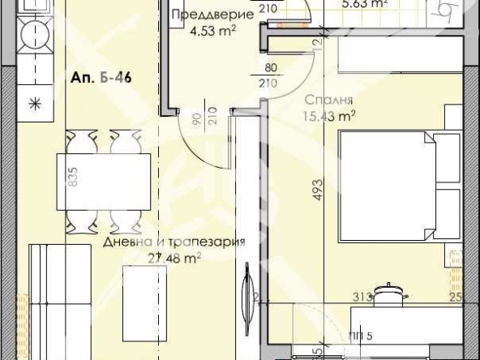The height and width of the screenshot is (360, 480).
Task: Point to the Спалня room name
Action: coord(328,101)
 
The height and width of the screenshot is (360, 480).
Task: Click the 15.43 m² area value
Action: coord(332,117)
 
